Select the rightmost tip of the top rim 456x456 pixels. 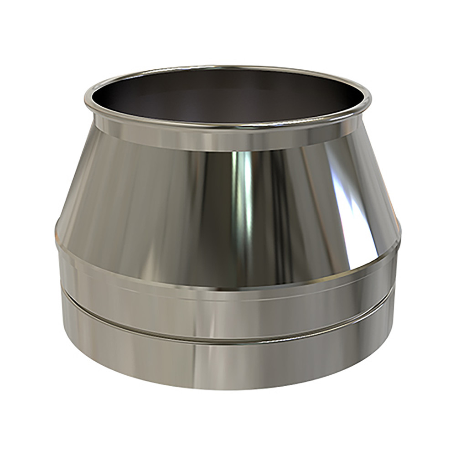(371, 98)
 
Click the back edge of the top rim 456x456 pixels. (228, 68)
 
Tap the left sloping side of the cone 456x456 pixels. (91, 192)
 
